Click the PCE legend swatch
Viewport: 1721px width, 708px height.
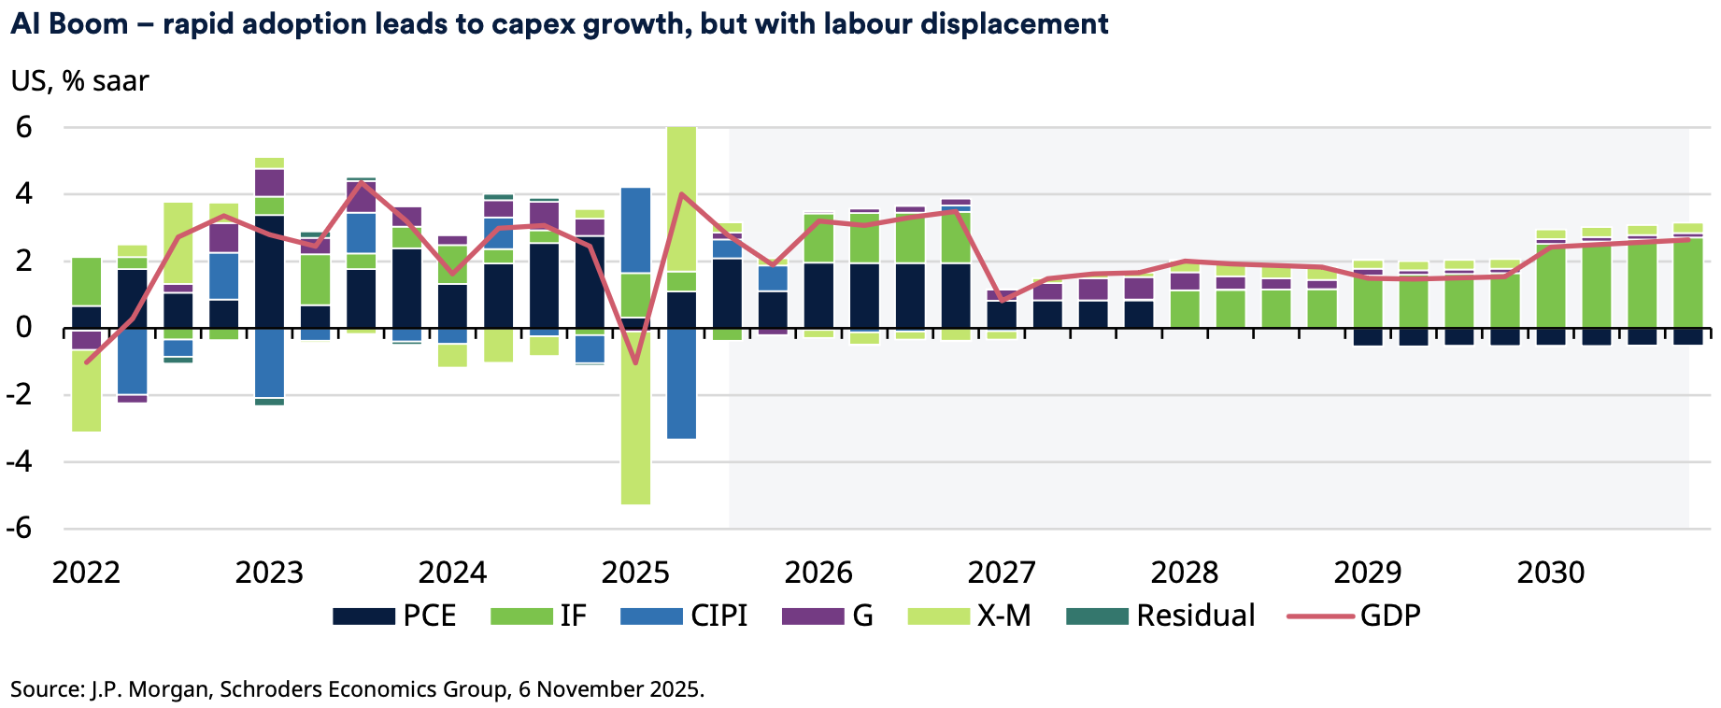(363, 616)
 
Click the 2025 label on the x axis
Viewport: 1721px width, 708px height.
(635, 573)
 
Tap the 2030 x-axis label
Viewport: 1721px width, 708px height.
(1551, 573)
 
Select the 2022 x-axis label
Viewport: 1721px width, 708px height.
(86, 573)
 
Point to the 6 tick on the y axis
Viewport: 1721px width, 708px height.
(24, 127)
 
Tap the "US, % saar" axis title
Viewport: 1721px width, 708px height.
(79, 81)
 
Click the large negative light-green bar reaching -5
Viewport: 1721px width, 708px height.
(635, 420)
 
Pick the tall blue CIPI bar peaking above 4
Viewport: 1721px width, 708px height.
(635, 230)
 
